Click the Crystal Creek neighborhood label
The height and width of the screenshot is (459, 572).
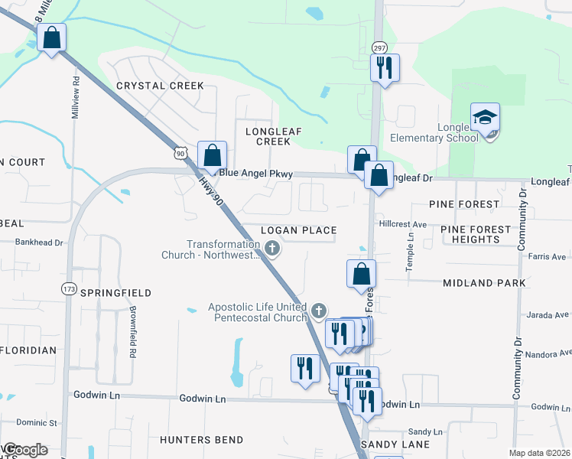point(160,86)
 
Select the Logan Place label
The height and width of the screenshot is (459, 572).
point(298,230)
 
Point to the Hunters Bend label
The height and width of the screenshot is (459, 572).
point(202,440)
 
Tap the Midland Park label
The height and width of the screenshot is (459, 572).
point(484,283)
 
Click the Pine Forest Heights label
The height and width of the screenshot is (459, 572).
point(476,234)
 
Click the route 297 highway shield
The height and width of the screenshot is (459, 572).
point(379,47)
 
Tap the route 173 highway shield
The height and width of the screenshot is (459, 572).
point(70,288)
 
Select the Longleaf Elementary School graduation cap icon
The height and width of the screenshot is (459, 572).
point(485,118)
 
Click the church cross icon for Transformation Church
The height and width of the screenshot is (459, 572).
point(273,247)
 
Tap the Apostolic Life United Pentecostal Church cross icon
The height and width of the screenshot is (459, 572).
point(319,311)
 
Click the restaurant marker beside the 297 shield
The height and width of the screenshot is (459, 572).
point(385,67)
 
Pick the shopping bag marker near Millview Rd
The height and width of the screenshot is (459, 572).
point(51,38)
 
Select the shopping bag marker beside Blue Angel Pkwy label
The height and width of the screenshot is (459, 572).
point(212,155)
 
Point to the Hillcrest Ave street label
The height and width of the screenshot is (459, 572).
point(402,225)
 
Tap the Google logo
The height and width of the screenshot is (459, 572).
point(24,450)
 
